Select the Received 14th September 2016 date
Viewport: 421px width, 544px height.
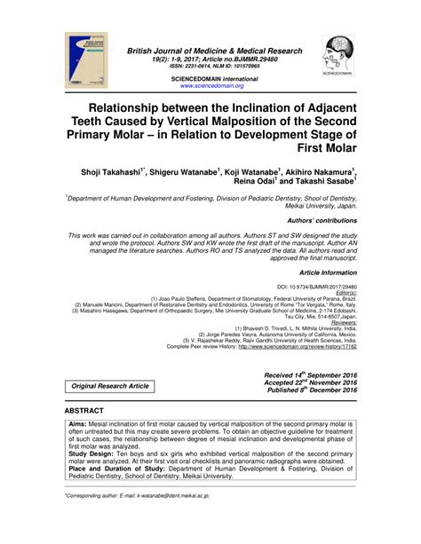pyautogui.click(x=310, y=375)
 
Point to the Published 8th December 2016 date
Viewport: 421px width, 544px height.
pyautogui.click(x=311, y=390)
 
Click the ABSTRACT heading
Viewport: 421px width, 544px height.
pyautogui.click(x=84, y=413)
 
